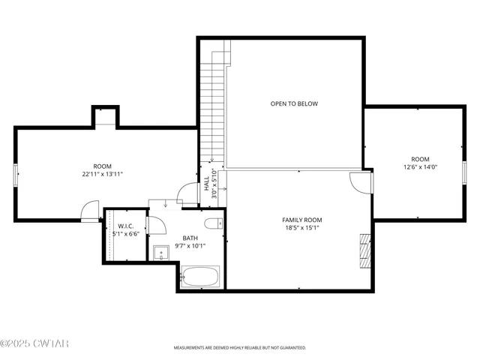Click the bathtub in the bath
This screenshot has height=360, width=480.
(x=200, y=277)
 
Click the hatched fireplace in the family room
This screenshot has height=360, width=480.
(x=365, y=250)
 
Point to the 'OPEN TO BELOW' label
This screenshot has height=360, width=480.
(x=294, y=103)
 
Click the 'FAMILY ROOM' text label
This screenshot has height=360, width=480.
(x=302, y=220)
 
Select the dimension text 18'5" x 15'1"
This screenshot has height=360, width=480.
(x=302, y=228)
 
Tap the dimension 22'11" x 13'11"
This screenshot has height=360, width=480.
(x=102, y=174)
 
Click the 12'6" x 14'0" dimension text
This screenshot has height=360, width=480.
(x=419, y=166)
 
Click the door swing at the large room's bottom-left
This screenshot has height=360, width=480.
(x=90, y=211)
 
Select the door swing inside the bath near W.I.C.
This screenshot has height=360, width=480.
(x=157, y=226)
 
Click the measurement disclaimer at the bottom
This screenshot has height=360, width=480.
(x=240, y=348)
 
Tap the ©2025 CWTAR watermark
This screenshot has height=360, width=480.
(x=34, y=344)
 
